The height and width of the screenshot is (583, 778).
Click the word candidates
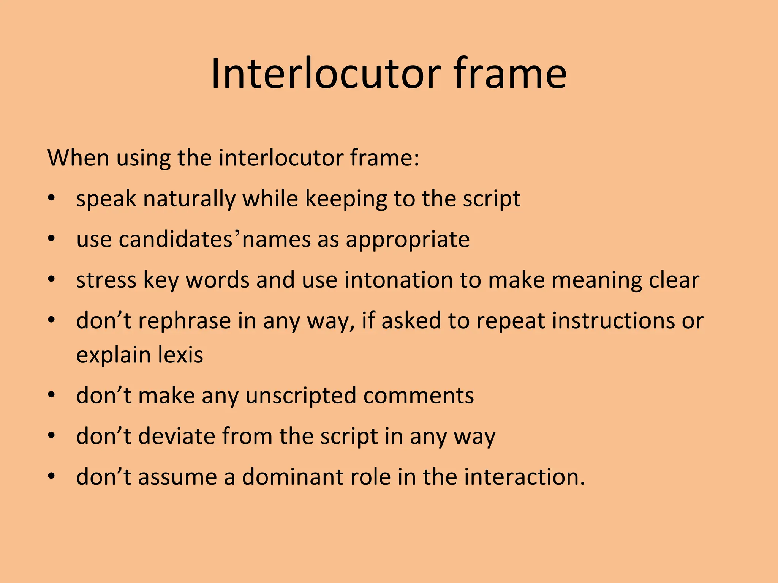[x=175, y=240]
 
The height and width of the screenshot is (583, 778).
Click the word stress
[x=106, y=280]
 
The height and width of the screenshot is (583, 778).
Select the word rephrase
[x=184, y=321]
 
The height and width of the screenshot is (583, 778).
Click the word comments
[x=418, y=396]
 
